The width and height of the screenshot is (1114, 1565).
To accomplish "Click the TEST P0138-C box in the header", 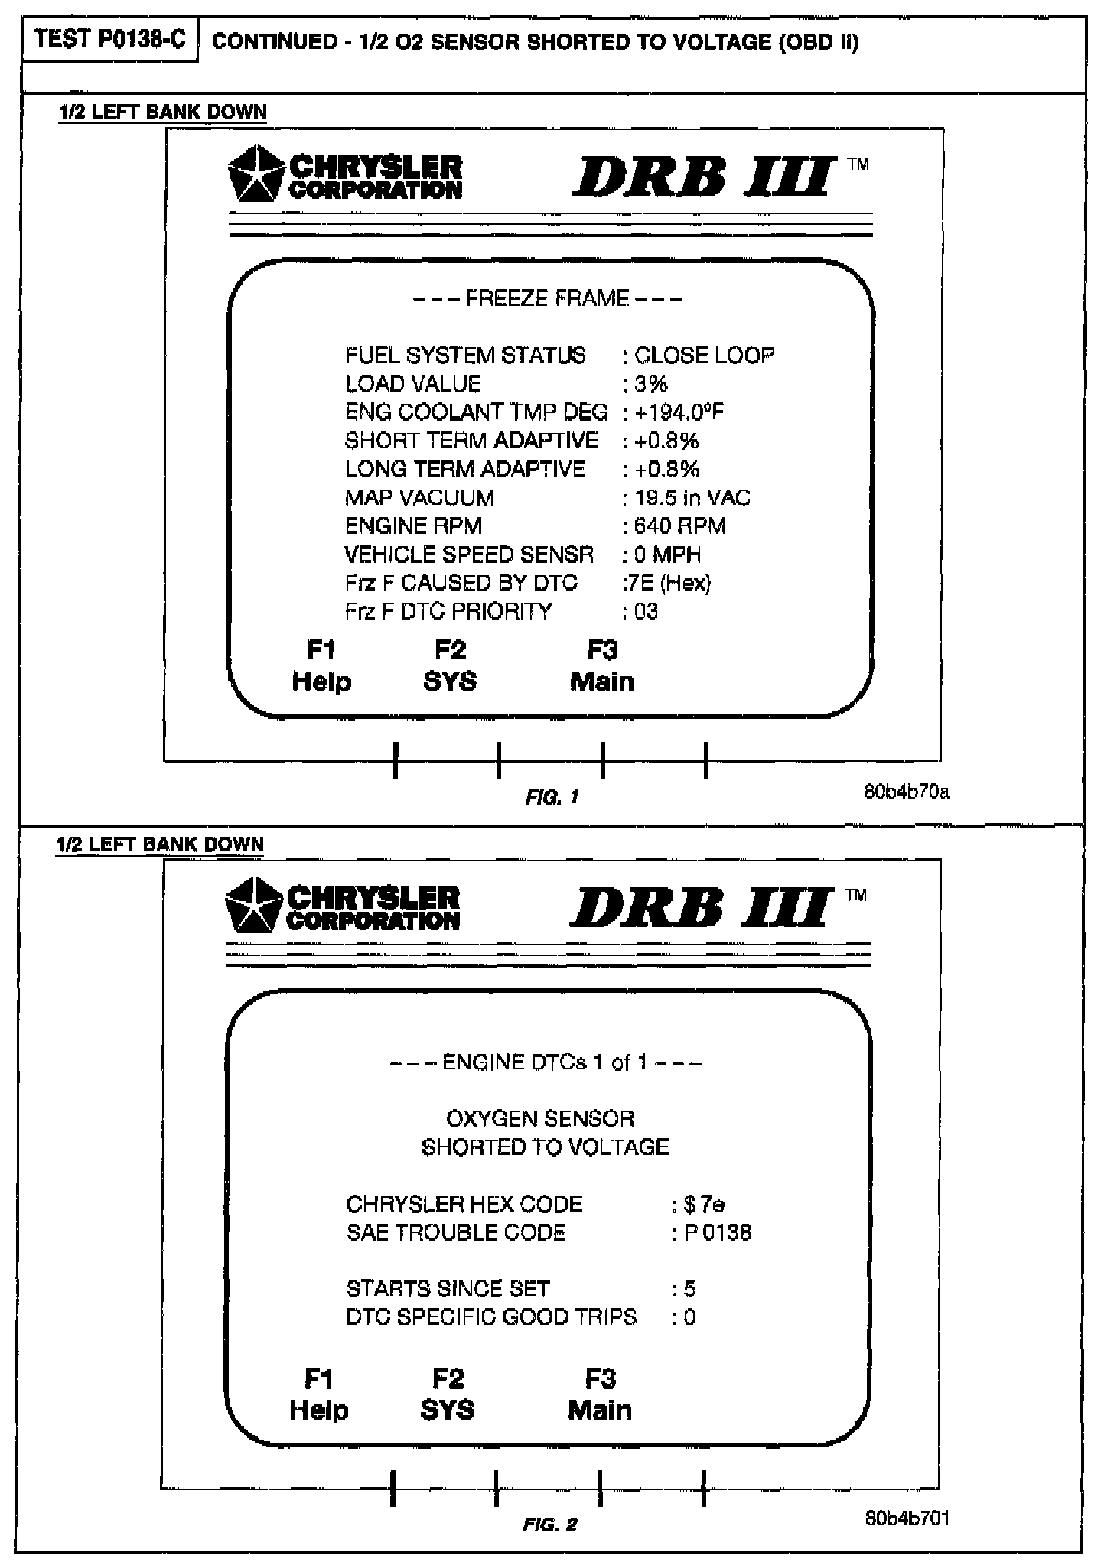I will point(110,41).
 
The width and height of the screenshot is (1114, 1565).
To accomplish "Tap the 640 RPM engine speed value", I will point(679,526).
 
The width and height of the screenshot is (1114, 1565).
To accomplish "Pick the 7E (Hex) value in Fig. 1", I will point(667,583).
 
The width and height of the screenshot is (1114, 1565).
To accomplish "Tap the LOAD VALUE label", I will point(414,384).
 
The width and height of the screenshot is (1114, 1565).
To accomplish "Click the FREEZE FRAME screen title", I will point(547,298).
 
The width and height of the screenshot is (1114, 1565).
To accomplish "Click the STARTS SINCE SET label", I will point(448,1289).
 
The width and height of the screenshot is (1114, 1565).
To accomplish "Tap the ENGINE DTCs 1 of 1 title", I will point(546,1062).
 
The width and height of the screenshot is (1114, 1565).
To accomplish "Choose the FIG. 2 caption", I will point(550,1525).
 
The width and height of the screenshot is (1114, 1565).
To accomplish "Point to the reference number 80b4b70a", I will point(907,792).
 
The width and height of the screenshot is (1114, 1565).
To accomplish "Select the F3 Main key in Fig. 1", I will point(602,666).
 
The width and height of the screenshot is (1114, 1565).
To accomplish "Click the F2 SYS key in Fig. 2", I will point(448,1394).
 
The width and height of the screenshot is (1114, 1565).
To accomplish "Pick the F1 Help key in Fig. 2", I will point(319,1394).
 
